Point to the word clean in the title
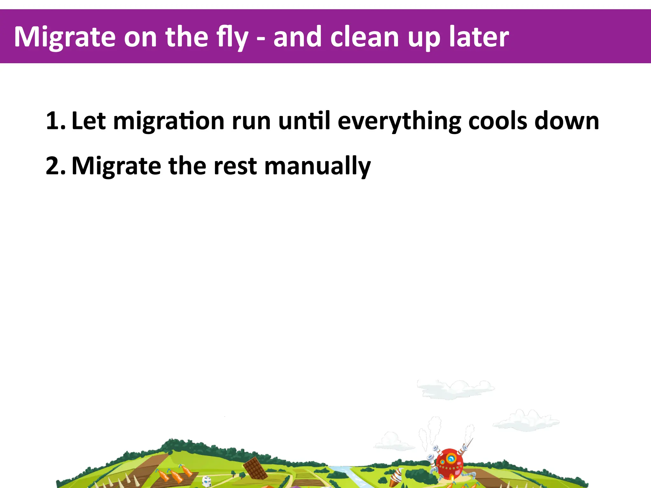[364, 37]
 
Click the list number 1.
[55, 121]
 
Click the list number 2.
[55, 166]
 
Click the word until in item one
[304, 121]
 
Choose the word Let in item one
[88, 121]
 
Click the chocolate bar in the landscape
[255, 468]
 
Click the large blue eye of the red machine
[451, 458]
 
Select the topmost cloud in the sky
[456, 388]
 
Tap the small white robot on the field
[207, 481]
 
